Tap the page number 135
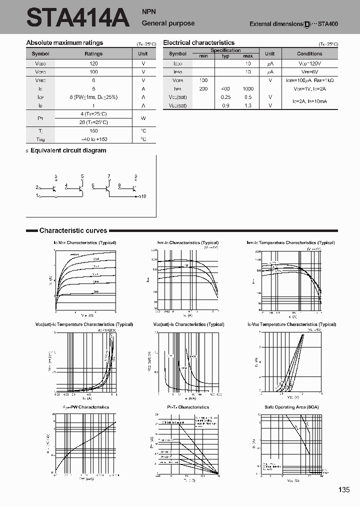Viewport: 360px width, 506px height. click(x=343, y=489)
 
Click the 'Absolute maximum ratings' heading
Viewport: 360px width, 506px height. click(x=64, y=43)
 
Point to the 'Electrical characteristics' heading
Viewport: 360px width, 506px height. click(x=198, y=43)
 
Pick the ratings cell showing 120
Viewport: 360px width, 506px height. click(x=93, y=64)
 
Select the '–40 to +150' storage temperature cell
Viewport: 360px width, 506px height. click(x=93, y=139)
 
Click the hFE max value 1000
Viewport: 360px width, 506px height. click(x=248, y=88)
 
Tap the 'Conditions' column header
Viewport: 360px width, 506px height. click(x=309, y=53)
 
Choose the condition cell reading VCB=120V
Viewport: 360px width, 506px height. click(x=309, y=64)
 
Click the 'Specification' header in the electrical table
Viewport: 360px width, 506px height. click(x=225, y=50)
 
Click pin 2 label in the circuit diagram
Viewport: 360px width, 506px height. click(x=37, y=187)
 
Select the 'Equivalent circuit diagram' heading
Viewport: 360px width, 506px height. click(x=68, y=150)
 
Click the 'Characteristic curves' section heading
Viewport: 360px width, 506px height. click(x=73, y=230)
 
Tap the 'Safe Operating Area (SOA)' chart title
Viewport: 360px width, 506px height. click(x=291, y=407)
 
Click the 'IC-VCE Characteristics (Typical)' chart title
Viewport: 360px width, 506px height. click(x=84, y=242)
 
